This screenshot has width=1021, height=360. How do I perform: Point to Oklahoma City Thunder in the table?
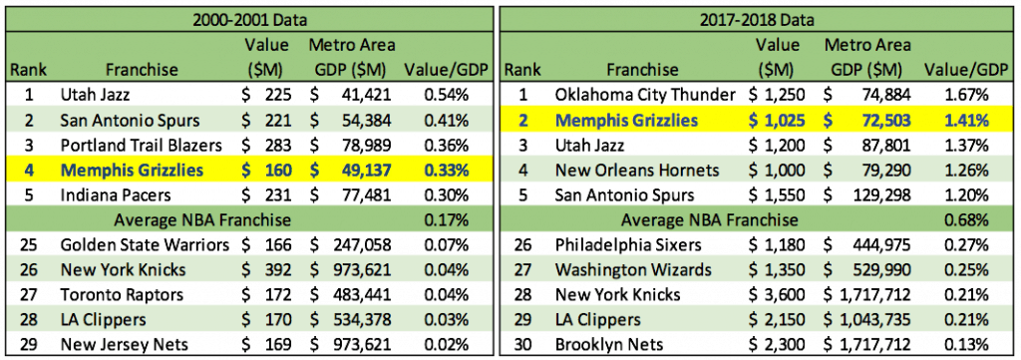pyautogui.click(x=645, y=95)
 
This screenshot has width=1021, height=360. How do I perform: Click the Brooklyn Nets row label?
pyautogui.click(x=601, y=345)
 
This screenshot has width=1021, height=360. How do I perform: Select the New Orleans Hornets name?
pyautogui.click(x=637, y=171)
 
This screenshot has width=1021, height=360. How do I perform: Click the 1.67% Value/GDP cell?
pyautogui.click(x=966, y=95)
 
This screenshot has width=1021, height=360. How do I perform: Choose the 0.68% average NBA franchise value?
pyautogui.click(x=966, y=220)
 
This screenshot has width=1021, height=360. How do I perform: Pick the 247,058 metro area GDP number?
pyautogui.click(x=361, y=245)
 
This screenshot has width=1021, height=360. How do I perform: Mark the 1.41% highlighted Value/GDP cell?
pyautogui.click(x=966, y=121)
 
